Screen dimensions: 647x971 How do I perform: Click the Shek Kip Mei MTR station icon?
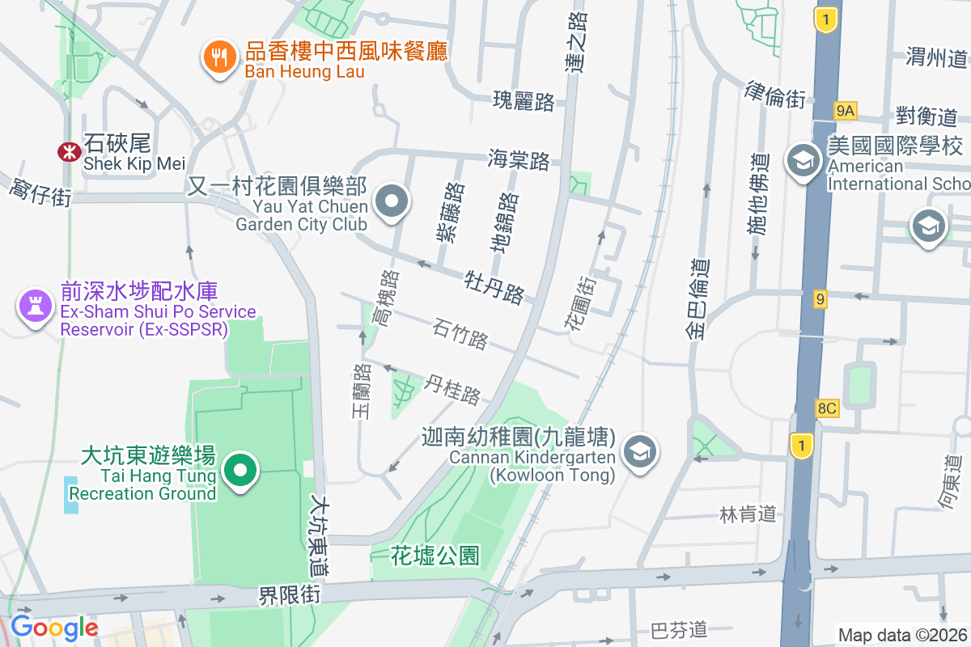[x=69, y=151]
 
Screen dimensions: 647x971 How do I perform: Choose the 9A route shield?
[x=846, y=110]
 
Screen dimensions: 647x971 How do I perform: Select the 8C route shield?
[x=827, y=408]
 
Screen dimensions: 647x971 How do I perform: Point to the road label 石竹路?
[x=460, y=334]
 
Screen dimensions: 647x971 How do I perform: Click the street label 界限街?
[x=290, y=596]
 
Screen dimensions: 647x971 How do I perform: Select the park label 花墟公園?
[x=435, y=556]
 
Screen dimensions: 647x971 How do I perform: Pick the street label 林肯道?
[x=748, y=514]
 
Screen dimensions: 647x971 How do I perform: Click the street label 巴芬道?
[x=679, y=629]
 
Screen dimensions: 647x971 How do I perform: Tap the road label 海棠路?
[x=519, y=159]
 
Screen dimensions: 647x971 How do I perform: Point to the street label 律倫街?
[x=775, y=95]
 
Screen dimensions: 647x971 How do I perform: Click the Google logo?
[x=54, y=628]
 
